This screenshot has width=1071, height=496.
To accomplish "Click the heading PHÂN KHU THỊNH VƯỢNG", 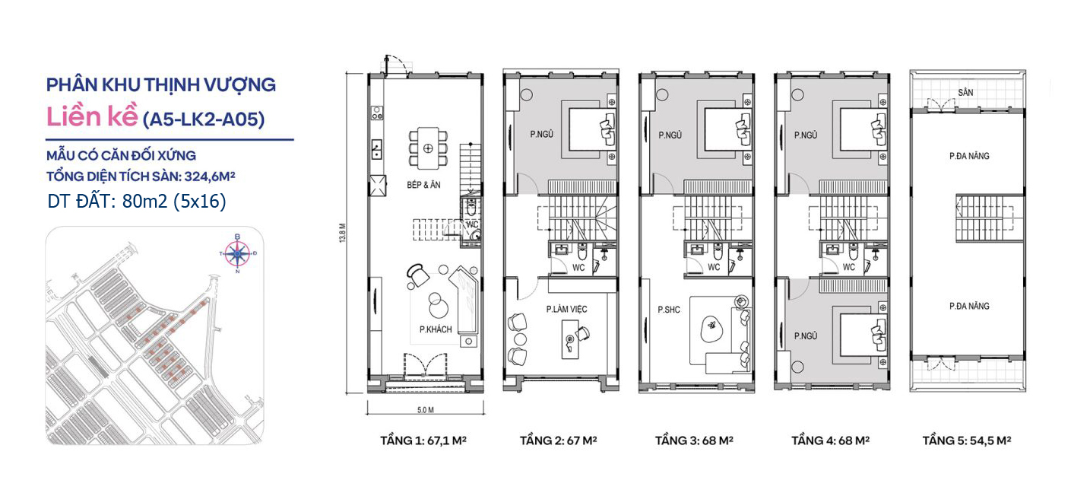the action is point(161,84).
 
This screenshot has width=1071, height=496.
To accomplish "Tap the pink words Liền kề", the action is point(92,116).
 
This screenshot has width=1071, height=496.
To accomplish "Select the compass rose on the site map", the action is point(238,253).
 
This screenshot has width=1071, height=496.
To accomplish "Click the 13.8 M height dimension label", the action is point(342,233).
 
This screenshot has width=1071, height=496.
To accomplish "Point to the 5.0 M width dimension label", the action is point(425,410).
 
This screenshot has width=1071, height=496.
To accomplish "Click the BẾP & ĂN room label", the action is point(423,185).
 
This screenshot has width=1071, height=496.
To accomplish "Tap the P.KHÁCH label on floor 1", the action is point(436,329).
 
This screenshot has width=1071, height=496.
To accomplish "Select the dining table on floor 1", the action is point(428,148).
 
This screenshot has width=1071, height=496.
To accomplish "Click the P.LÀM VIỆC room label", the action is point(566,310).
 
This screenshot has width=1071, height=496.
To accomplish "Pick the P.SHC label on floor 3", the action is point(668,310).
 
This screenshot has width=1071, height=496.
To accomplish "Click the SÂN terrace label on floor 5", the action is point(965,92).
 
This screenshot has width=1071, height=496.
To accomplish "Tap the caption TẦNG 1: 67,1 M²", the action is point(423,440).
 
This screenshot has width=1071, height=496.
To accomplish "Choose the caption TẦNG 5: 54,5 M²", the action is point(967,440).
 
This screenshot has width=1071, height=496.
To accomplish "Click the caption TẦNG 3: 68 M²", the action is point(694,440).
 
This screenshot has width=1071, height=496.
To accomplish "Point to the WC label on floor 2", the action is point(578,268).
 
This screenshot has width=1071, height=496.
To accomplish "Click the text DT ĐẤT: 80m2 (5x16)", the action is point(137,202).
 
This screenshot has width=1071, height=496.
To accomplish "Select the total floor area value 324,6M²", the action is point(210,176).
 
